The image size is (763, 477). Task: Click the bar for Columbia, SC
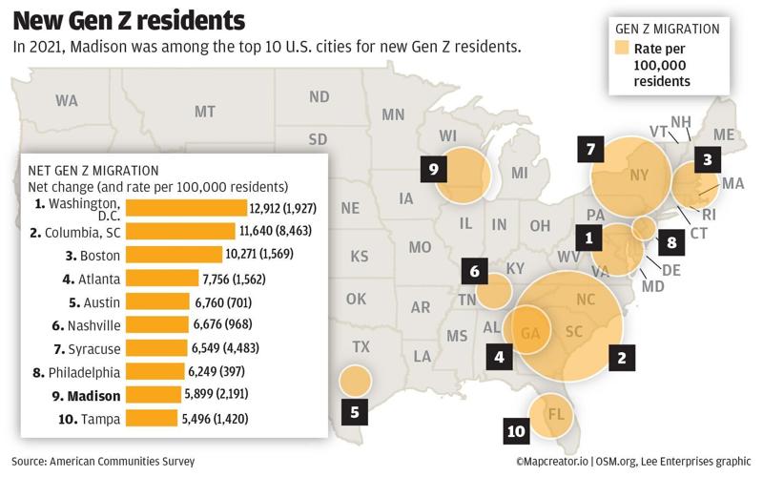click(179, 231)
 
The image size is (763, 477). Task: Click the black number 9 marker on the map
click(433, 170)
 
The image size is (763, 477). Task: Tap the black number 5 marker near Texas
click(354, 413)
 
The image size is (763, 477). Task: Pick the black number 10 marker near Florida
click(516, 431)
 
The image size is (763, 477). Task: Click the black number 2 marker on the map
click(622, 358)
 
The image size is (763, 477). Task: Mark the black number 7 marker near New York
click(590, 149)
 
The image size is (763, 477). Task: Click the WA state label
click(67, 100)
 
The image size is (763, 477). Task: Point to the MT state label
click(205, 112)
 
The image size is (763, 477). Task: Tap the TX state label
click(361, 346)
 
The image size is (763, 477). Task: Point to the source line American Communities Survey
click(103, 461)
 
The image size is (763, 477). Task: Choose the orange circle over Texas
click(355, 381)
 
